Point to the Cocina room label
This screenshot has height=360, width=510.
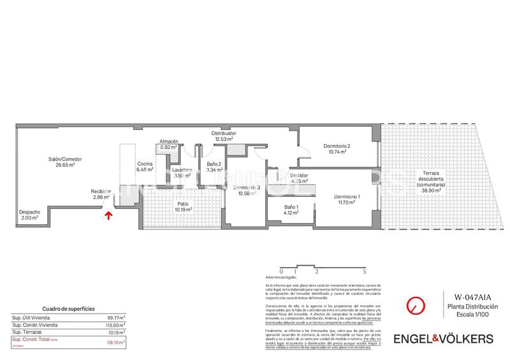point(145,164)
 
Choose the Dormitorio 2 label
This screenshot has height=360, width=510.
point(337,147)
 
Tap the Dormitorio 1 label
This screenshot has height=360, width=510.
point(347,196)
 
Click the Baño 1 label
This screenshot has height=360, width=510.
point(291,207)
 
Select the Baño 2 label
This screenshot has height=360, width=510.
point(214,164)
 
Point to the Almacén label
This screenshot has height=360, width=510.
point(168,141)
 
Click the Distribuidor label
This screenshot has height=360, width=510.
point(224,133)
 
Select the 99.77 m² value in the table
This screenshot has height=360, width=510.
point(115,317)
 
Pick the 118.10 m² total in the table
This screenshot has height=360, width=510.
point(115,342)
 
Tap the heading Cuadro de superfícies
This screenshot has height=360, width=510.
point(68,308)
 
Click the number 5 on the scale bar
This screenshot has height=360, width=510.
point(364,271)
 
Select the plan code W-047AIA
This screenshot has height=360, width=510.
point(473,296)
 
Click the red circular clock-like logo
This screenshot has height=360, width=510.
point(416,305)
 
